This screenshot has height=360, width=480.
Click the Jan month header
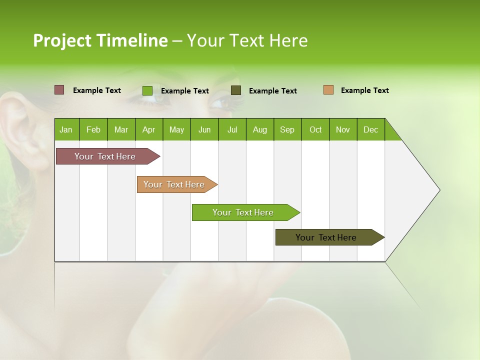coord(66,129)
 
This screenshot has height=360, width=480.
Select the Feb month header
coord(93,129)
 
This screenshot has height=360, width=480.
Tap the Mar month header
coord(121,129)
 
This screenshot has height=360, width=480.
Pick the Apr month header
coord(148,129)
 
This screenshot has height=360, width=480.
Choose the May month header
coord(176,129)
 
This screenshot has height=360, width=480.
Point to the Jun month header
coord(204,129)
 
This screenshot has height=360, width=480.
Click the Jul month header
coord(232,129)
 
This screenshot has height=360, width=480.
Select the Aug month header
coord(260,129)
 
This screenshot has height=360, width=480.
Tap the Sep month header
coord(287,129)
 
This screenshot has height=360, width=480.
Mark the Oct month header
coord(315,129)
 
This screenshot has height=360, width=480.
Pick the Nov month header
coord(343,129)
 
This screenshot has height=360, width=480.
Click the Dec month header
coord(371,129)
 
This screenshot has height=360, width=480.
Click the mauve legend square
coord(59,90)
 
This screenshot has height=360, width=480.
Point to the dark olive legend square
coord(236,90)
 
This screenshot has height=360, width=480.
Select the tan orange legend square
coord(328,90)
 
